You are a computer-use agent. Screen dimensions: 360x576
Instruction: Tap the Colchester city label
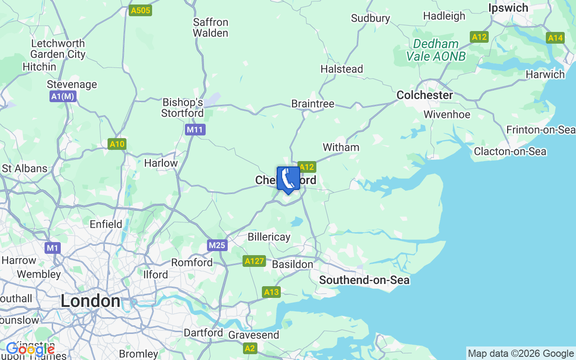(x=424, y=95)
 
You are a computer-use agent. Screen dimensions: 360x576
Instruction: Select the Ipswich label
(x=508, y=8)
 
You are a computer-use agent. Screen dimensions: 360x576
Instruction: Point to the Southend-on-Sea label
(x=364, y=280)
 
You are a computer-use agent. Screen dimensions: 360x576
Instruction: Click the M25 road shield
(x=217, y=245)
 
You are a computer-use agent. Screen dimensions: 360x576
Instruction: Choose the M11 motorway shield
(x=195, y=130)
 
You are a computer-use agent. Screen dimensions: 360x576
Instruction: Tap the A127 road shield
(x=254, y=261)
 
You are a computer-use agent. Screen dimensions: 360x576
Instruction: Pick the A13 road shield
(x=271, y=292)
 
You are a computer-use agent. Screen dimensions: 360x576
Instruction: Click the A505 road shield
(x=140, y=10)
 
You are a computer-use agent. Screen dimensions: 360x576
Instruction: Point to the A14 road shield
(x=555, y=38)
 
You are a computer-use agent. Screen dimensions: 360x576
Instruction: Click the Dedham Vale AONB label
(x=436, y=50)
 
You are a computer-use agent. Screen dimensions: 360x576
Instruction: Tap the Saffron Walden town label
(x=211, y=27)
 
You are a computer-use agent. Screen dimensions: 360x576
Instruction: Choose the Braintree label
(x=313, y=104)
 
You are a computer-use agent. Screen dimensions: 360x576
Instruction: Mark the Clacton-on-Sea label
(x=510, y=151)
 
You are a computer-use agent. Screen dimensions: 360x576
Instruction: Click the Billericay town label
(x=269, y=237)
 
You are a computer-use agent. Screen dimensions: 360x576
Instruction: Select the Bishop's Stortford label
(x=182, y=108)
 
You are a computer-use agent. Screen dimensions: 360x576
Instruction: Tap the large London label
(x=90, y=301)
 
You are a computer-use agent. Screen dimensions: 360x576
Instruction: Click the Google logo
(x=30, y=349)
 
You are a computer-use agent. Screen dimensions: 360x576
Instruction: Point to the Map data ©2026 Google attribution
(x=521, y=354)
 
